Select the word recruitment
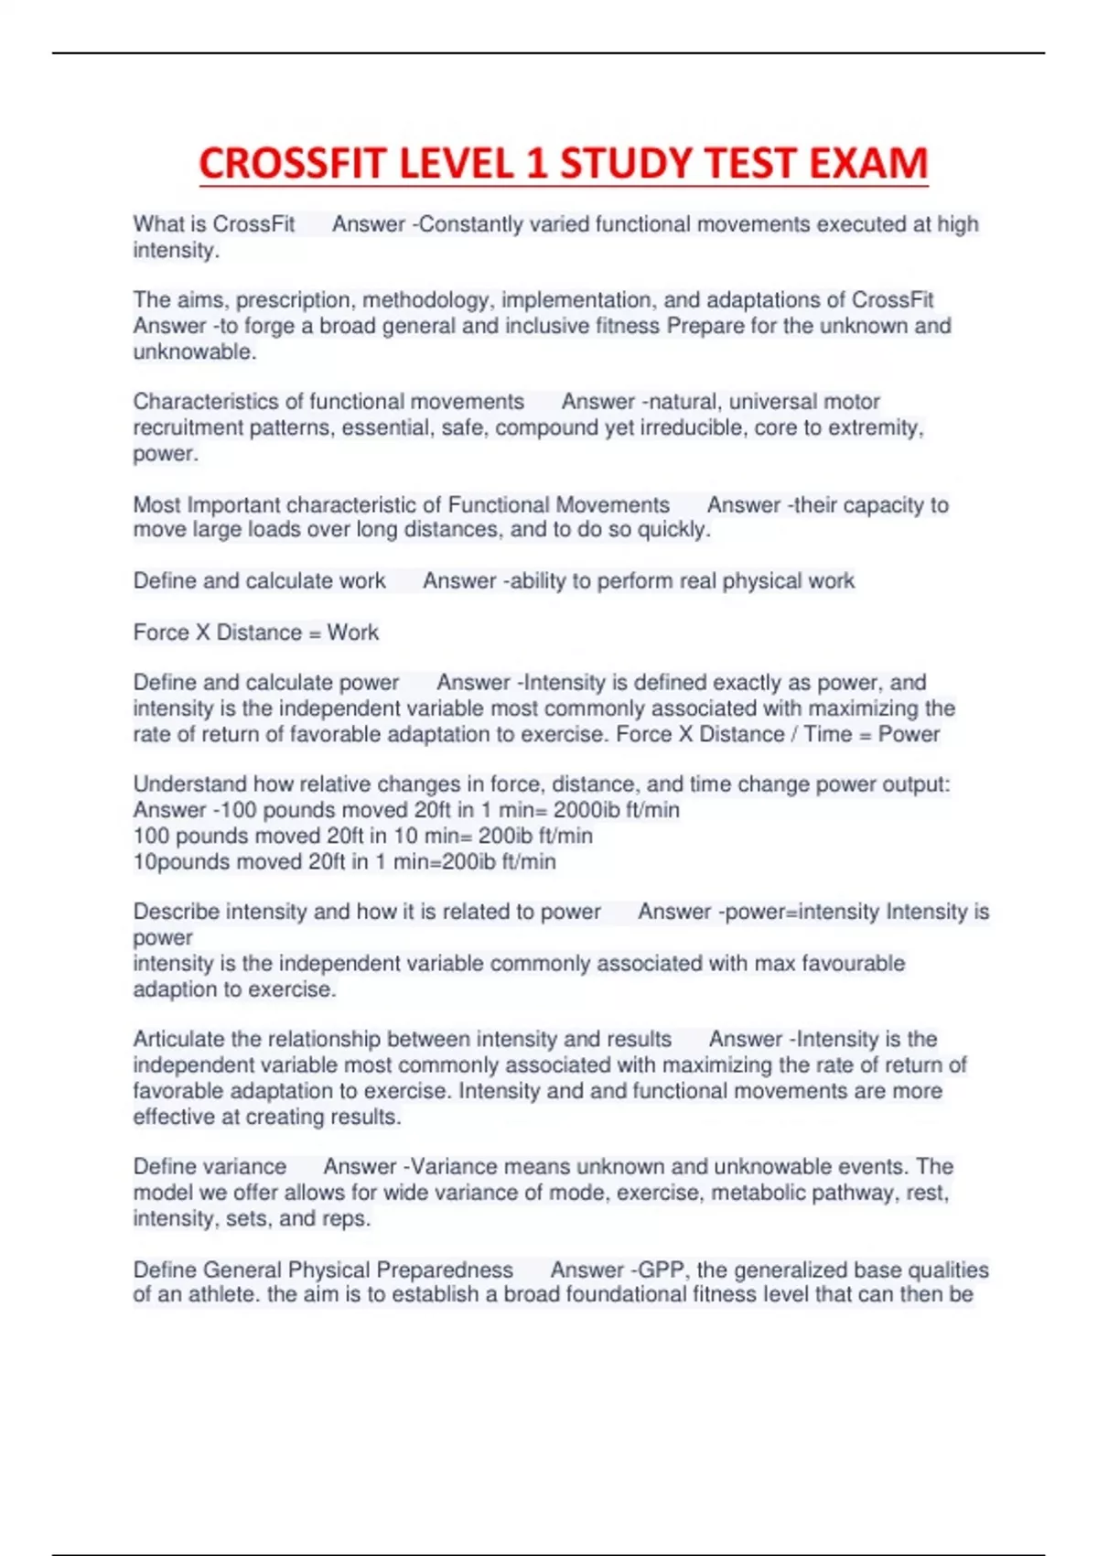click(188, 427)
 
